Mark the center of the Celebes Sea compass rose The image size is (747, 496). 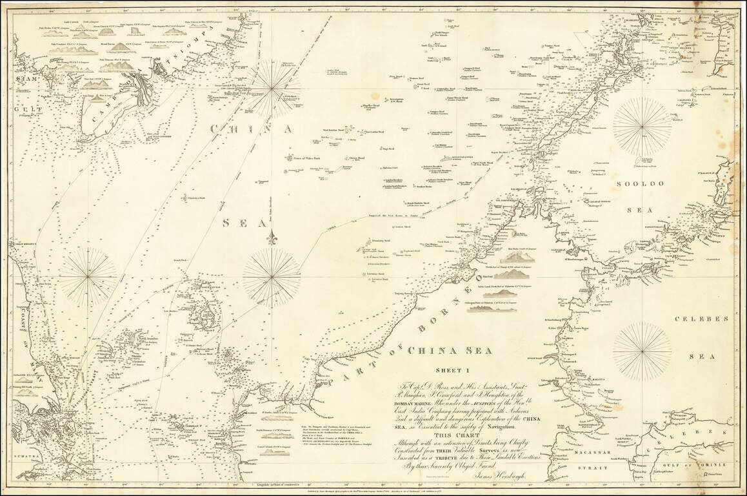click(x=642, y=351)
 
